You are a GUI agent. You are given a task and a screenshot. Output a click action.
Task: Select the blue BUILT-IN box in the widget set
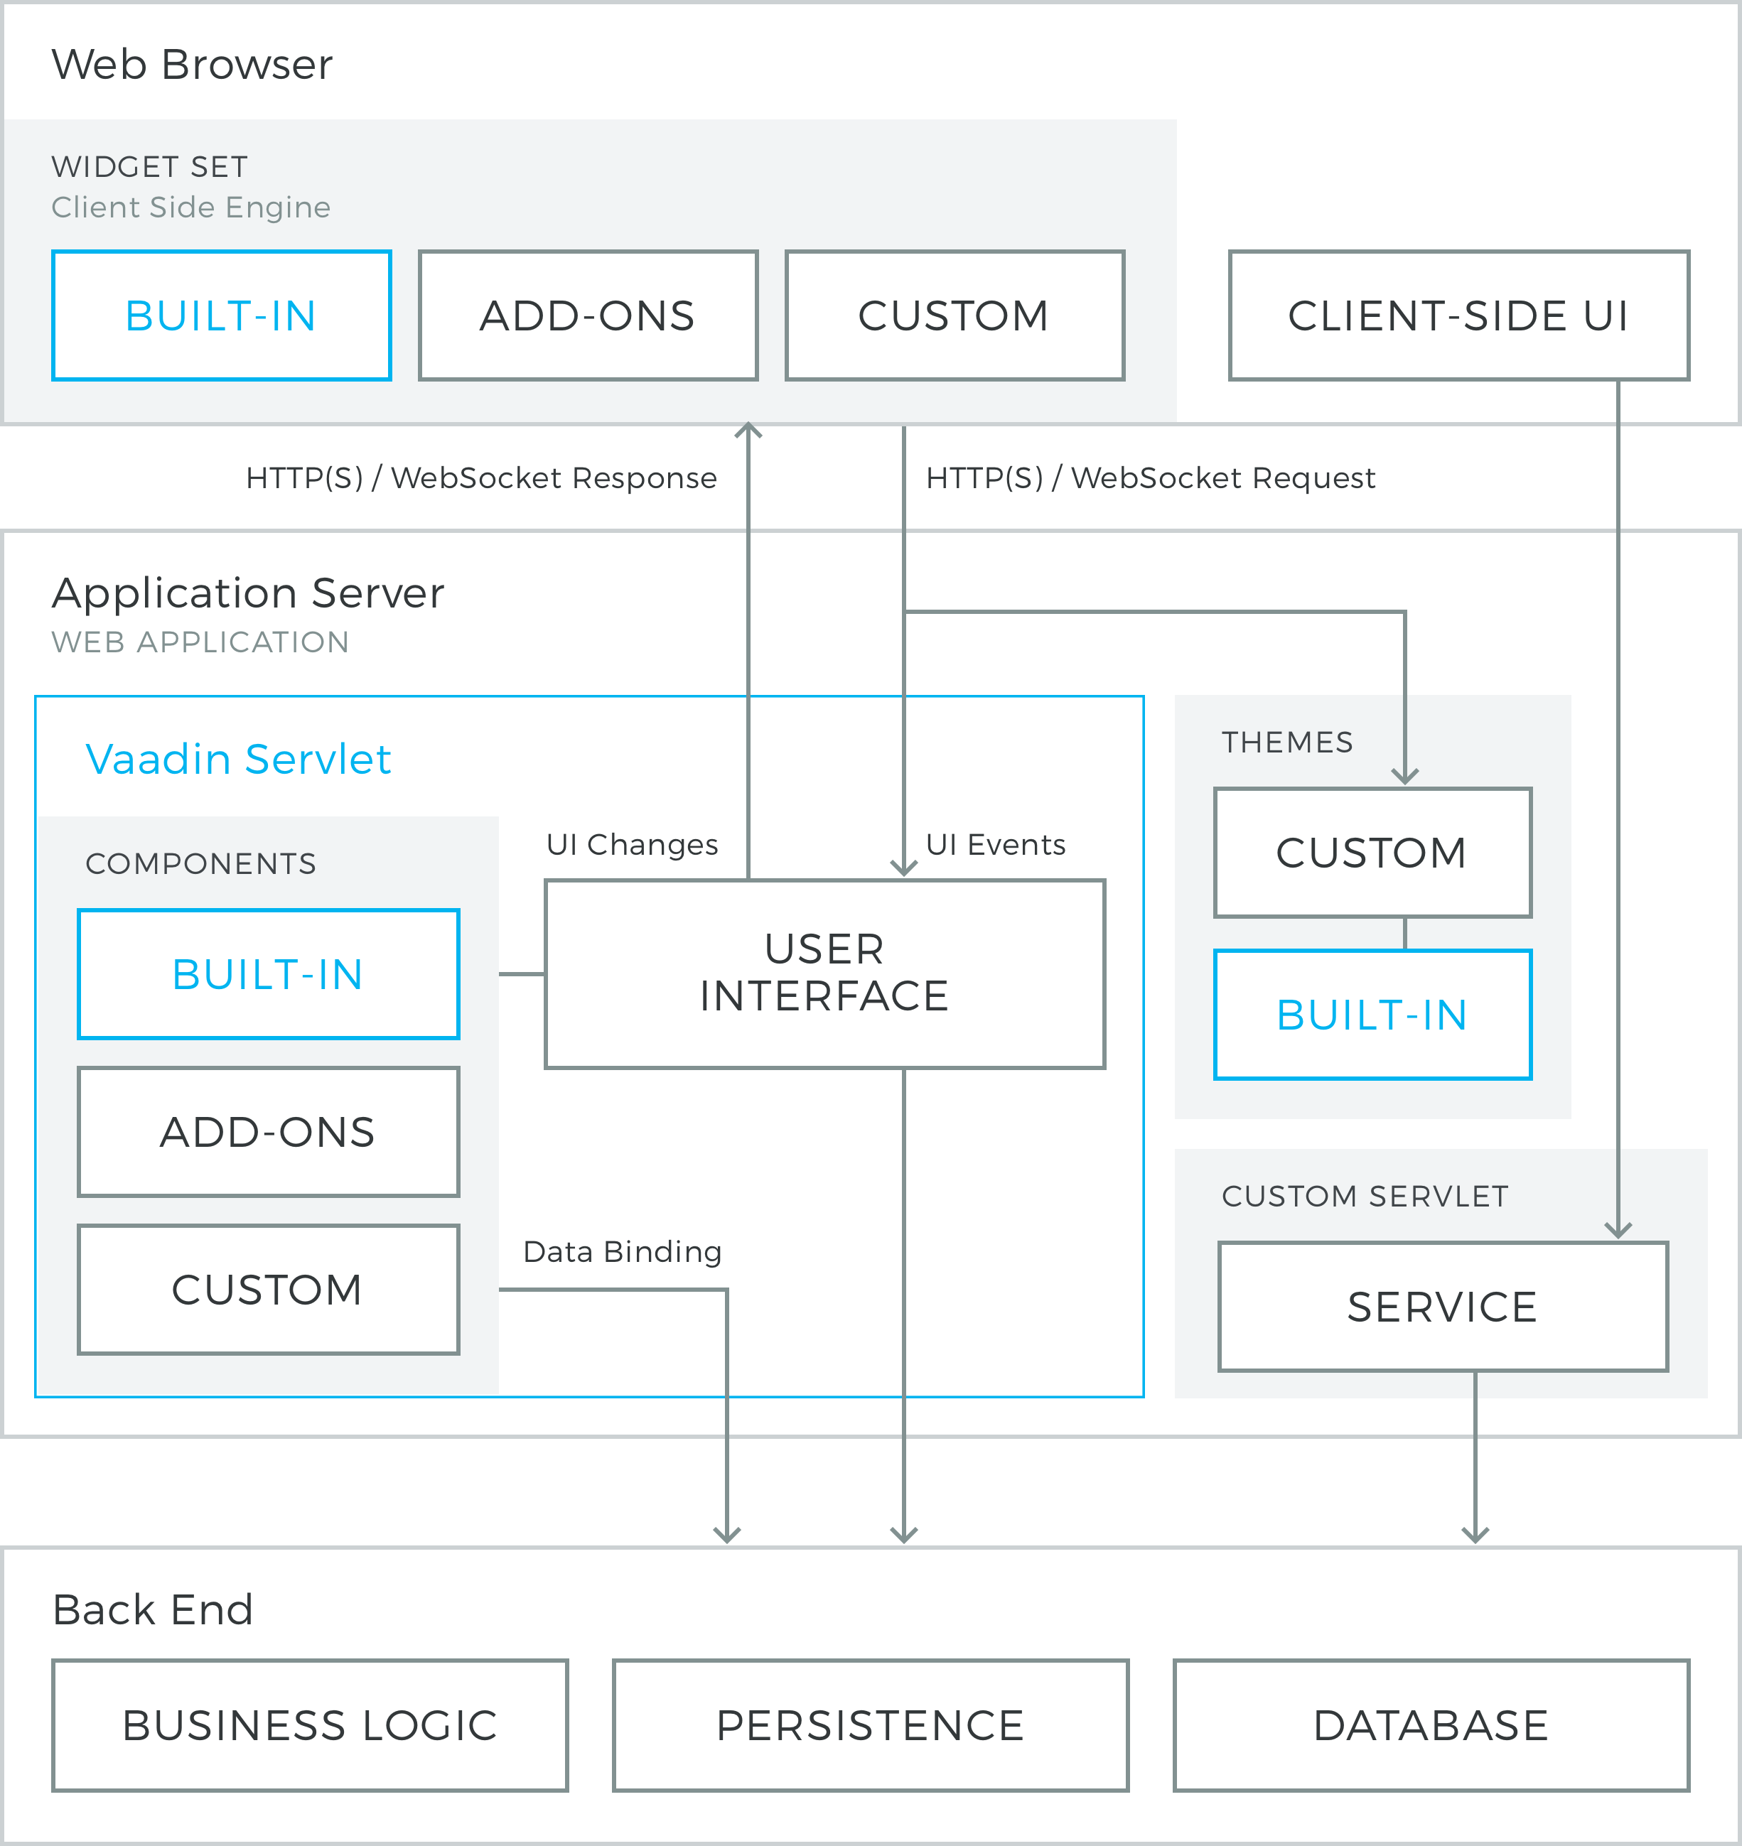(222, 315)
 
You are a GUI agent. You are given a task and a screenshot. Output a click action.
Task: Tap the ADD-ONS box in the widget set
(588, 315)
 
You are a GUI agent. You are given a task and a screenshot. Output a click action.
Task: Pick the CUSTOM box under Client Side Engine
(955, 315)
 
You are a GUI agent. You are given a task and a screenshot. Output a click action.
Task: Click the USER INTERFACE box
(824, 974)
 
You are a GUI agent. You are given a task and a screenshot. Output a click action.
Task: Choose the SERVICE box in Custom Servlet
(1443, 1307)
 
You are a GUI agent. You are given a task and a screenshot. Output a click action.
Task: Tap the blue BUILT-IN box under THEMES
(1372, 1015)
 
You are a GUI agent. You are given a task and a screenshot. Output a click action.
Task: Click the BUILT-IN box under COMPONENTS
(269, 974)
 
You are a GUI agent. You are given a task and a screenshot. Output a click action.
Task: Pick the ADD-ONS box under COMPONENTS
(269, 1132)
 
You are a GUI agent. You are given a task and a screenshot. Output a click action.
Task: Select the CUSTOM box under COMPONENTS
(269, 1290)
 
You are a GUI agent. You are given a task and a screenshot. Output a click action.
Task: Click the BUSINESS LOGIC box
(310, 1725)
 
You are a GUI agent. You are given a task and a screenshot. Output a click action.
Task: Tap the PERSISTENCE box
(871, 1725)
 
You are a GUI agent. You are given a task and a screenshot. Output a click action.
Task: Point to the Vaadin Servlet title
(239, 760)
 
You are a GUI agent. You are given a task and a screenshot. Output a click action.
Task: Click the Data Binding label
(622, 1252)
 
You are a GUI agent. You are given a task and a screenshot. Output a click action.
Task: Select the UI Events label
(996, 844)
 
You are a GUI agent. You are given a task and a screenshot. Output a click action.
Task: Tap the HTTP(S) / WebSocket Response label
(481, 477)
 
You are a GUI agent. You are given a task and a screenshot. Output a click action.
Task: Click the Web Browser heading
(192, 65)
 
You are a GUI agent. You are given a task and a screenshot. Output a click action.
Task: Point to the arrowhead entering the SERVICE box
(1618, 1231)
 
